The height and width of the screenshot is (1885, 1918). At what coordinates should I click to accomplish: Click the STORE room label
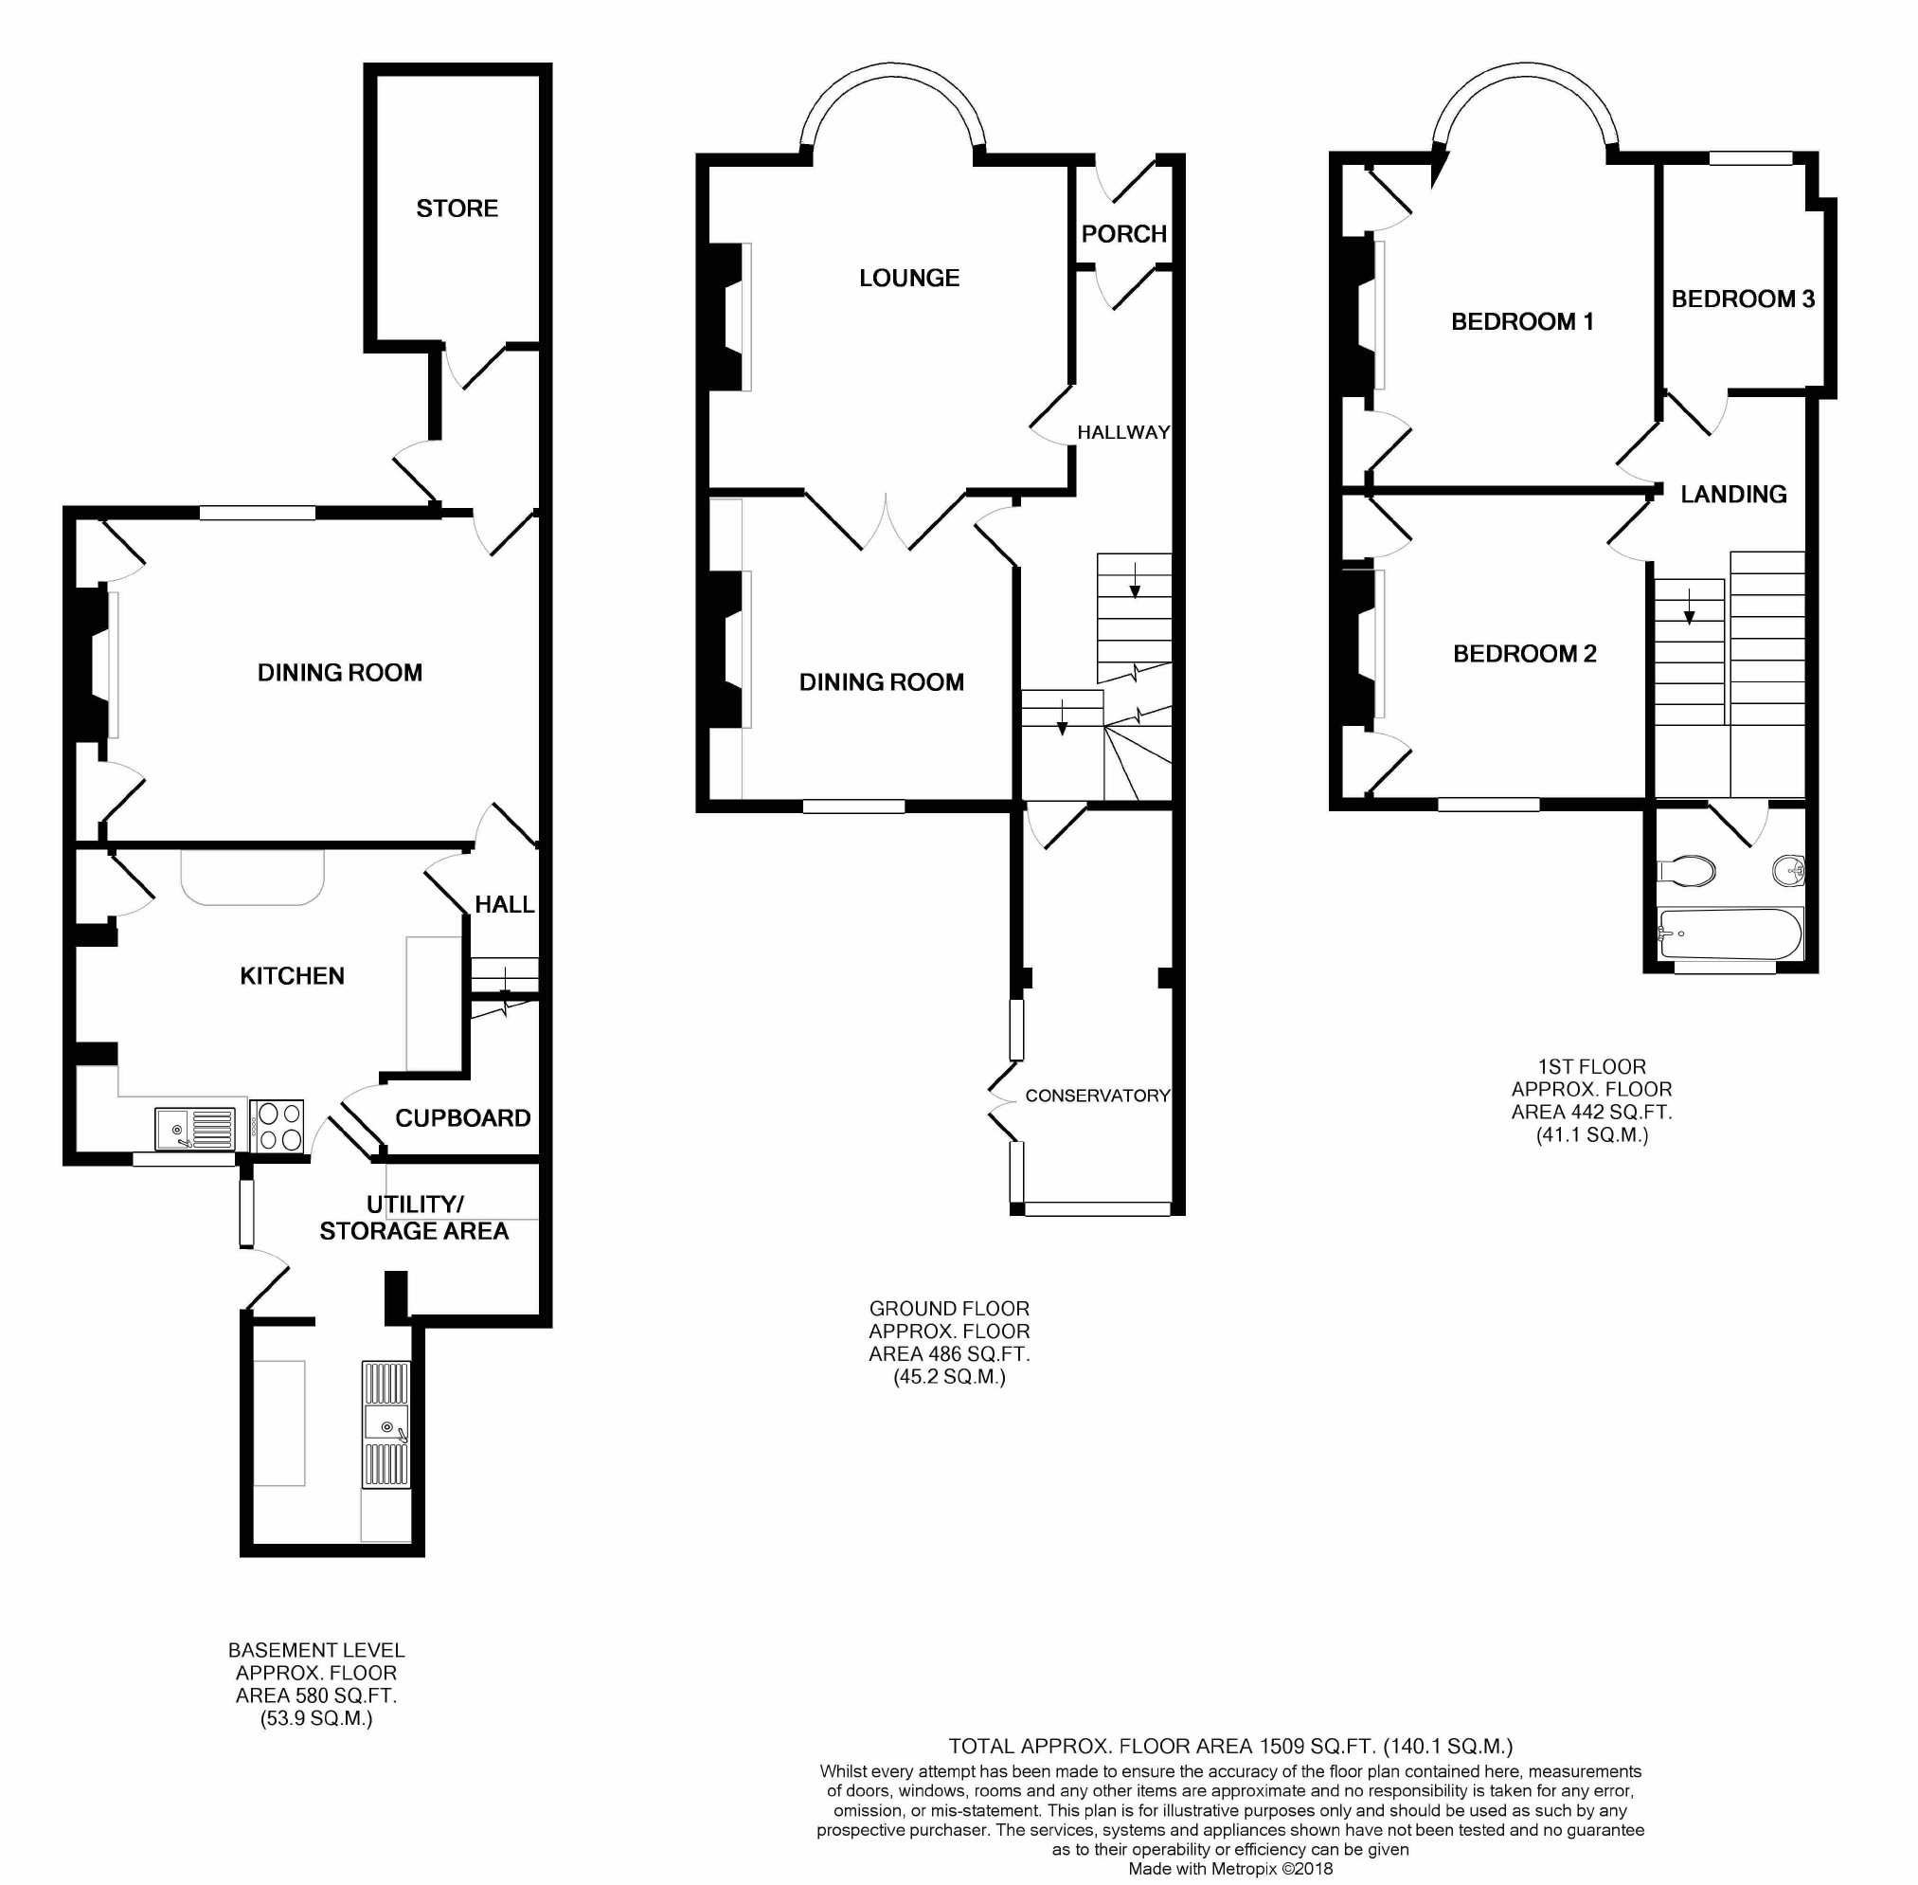click(x=457, y=208)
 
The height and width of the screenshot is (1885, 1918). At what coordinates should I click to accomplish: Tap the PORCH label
click(x=1123, y=234)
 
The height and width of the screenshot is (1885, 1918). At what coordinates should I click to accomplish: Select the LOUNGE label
click(x=908, y=279)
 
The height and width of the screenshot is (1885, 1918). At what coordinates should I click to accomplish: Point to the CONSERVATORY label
click(x=1097, y=1095)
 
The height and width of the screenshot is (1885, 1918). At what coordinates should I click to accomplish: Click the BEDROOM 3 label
click(x=1743, y=299)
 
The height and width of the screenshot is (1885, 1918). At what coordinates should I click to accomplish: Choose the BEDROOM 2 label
click(x=1524, y=653)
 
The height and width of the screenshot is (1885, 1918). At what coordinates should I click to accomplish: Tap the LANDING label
click(x=1733, y=494)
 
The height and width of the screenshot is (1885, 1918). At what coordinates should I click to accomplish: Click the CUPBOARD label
click(x=462, y=1117)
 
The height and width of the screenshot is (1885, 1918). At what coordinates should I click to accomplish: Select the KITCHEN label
click(x=292, y=976)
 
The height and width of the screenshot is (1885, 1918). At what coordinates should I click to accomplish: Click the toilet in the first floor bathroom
click(x=1685, y=870)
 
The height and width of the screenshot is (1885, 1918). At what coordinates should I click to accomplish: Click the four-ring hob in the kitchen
click(x=278, y=1127)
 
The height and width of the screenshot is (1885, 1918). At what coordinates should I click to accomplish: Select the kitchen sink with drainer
click(x=195, y=1130)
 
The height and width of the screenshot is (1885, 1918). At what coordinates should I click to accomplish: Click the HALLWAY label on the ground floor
click(x=1123, y=431)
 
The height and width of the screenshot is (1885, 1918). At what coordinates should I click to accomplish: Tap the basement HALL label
click(x=504, y=904)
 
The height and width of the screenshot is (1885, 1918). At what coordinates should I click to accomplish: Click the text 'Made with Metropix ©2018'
click(x=1230, y=1869)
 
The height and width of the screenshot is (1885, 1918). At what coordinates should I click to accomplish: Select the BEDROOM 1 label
click(x=1522, y=322)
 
